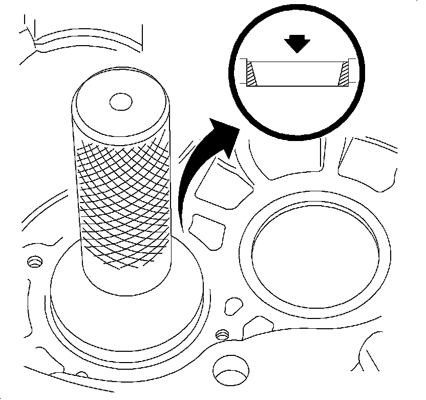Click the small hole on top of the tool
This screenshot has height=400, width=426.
pos(121,101)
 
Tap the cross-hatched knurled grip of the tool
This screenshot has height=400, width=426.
pos(123,200)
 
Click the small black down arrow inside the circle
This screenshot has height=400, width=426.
pos(297,45)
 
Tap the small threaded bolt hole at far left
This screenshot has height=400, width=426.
pos(35,262)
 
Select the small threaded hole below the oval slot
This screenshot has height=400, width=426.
pos(222,334)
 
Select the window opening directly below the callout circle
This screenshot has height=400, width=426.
pos(279,159)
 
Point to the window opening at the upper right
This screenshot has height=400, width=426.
pos(366,156)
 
